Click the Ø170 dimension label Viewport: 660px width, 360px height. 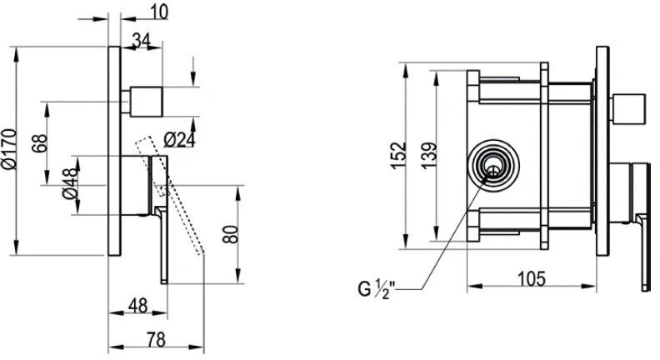click(9, 149)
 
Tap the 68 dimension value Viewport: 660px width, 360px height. click(39, 143)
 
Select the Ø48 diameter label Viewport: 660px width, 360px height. click(70, 183)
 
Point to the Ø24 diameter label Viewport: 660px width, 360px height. click(180, 140)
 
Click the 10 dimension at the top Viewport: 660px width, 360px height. click(158, 12)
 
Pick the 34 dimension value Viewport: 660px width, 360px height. click(142, 41)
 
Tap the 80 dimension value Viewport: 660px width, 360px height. click(231, 234)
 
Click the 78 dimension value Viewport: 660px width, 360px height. click(156, 339)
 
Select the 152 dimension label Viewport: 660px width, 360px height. click(398, 155)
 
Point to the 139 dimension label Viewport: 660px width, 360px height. click(429, 156)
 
